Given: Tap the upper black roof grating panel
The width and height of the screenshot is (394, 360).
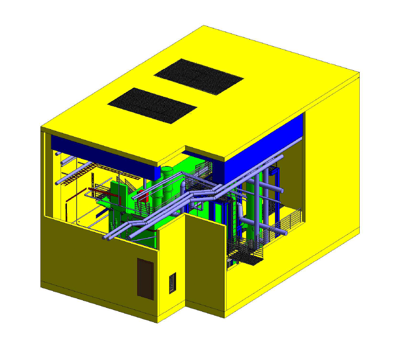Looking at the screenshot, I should pos(199,76).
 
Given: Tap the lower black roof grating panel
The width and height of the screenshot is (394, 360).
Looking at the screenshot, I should pos(152,105).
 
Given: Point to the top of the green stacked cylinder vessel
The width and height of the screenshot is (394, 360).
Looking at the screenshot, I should pos(167,170).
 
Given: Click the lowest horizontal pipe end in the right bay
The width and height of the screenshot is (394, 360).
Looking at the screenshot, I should pos(285,233).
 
